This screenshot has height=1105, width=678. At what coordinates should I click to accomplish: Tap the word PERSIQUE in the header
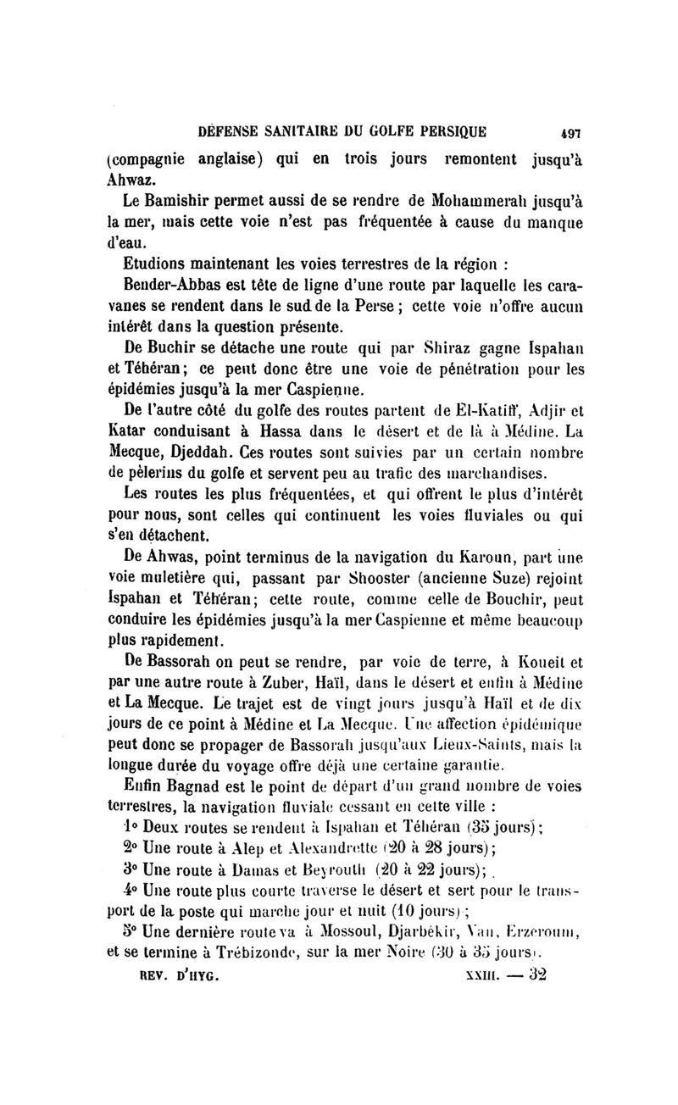click(447, 131)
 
